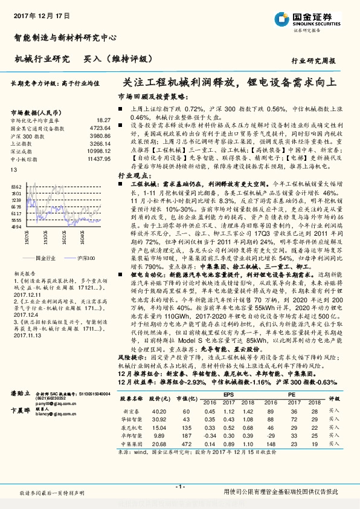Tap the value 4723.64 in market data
pos(101,129)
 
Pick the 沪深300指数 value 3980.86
pos(101,136)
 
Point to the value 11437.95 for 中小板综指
pos(99,158)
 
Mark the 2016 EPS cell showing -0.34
pos(210,435)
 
